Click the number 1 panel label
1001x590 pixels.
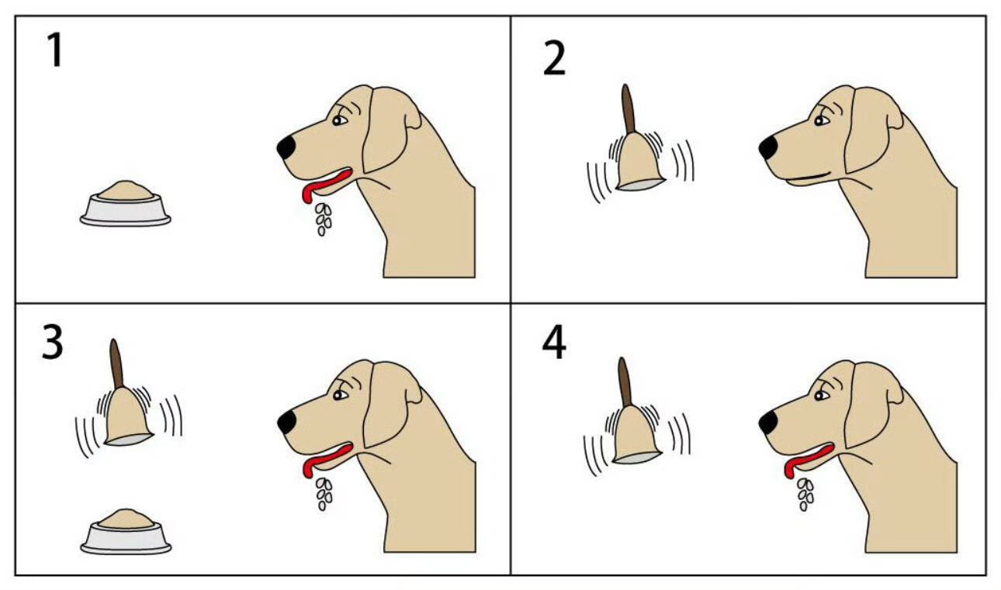coord(55,50)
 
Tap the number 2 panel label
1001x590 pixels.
coord(554,57)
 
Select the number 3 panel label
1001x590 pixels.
coord(53,342)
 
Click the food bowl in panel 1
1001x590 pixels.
coord(126,204)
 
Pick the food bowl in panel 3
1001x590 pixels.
coord(126,532)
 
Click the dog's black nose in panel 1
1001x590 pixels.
coord(286,147)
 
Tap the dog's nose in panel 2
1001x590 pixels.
coord(768,148)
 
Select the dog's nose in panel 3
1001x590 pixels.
coord(286,422)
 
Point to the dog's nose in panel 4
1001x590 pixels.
coord(768,423)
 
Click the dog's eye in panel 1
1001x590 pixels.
coord(339,120)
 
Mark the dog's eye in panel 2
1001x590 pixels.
coord(821,120)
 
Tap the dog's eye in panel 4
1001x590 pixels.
coord(821,395)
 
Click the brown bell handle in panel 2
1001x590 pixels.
coord(629,109)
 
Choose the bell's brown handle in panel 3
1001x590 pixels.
coord(116,364)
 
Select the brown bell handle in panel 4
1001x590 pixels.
coord(625,382)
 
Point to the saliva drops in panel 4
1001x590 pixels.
coord(805,495)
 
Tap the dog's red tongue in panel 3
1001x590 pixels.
coord(326,460)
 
